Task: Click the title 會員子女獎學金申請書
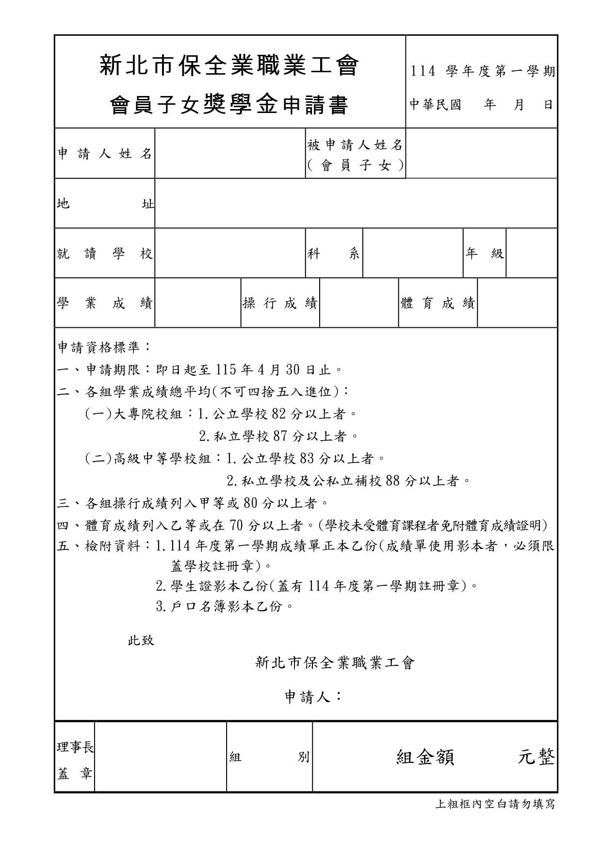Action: point(229,105)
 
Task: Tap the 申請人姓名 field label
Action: point(105,154)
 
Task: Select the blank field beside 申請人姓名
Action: point(230,154)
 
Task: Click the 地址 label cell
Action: point(105,204)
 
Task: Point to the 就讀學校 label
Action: point(105,254)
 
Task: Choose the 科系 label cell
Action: point(334,254)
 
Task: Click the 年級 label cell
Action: point(484,254)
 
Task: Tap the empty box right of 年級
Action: point(531,254)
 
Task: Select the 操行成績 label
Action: point(280,304)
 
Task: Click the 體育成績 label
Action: point(438,304)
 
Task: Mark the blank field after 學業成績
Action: point(197,304)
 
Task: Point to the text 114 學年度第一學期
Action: point(482,72)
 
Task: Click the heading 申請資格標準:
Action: point(104,347)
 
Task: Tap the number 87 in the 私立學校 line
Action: point(280,436)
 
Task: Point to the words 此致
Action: point(141,641)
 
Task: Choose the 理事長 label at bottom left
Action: point(75,748)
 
